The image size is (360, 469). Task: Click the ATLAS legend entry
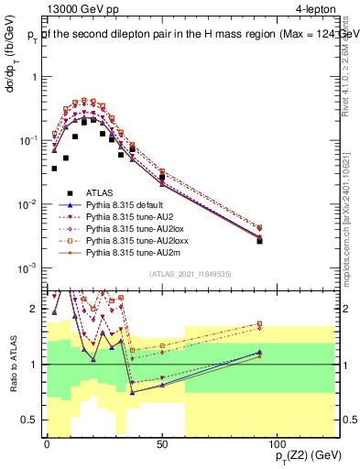[99, 192]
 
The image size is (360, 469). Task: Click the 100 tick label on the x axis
[277, 445]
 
